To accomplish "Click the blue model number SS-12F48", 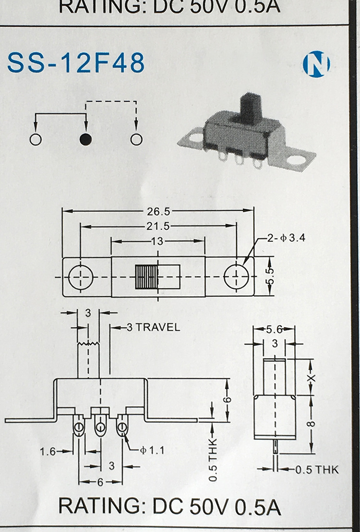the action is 76,63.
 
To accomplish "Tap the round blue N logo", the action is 316,64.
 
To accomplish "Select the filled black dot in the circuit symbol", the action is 85,139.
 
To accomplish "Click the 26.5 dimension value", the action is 158,211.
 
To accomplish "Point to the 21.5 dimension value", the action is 158,226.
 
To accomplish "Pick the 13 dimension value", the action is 157,241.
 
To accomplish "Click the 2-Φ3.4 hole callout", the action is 286,238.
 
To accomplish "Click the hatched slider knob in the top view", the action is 146,277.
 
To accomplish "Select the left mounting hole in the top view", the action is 81,277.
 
